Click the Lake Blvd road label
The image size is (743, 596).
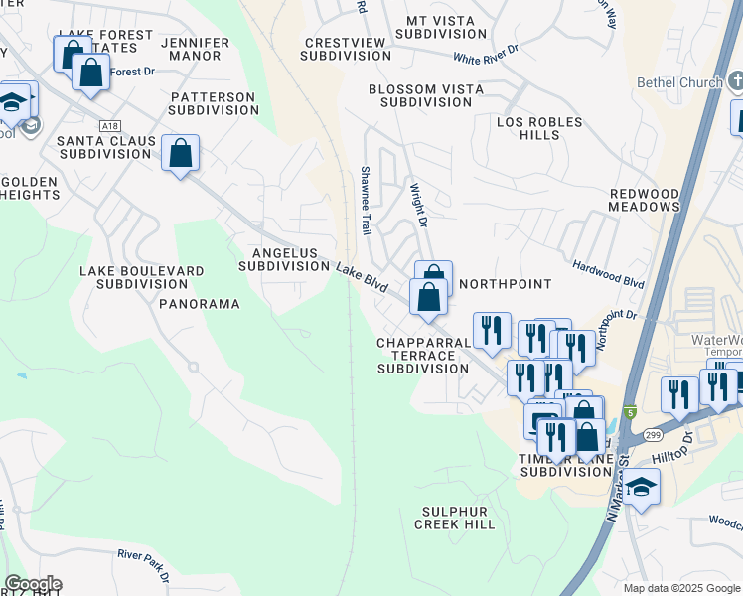pyautogui.click(x=362, y=277)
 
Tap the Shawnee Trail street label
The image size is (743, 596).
pyautogui.click(x=366, y=201)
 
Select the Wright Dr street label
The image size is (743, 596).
pyautogui.click(x=418, y=203)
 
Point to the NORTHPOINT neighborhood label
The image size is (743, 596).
pyautogui.click(x=504, y=284)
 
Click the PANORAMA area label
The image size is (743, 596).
pyautogui.click(x=200, y=304)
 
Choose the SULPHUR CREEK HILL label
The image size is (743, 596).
pyautogui.click(x=454, y=518)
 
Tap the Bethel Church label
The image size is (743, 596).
pyautogui.click(x=680, y=82)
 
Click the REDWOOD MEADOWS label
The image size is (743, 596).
pyautogui.click(x=645, y=200)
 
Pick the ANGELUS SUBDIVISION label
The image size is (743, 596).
pyautogui.click(x=284, y=259)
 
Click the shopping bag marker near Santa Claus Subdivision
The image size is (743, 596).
pyautogui.click(x=180, y=154)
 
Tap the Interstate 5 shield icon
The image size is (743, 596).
pyautogui.click(x=630, y=411)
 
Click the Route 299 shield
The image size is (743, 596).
pyautogui.click(x=651, y=436)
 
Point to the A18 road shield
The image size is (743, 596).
pyautogui.click(x=109, y=126)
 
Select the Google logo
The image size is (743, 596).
pyautogui.click(x=33, y=584)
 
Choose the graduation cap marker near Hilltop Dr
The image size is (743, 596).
pyautogui.click(x=642, y=488)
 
